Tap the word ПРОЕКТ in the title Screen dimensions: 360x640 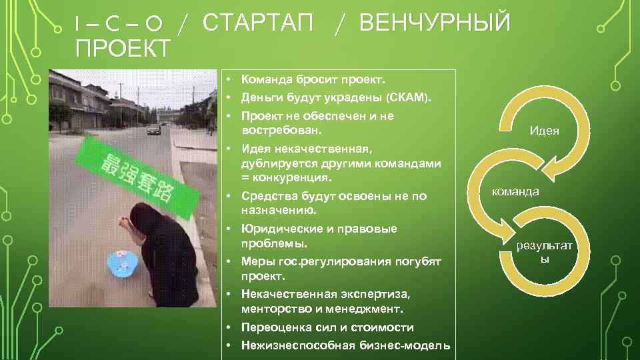point(123,48)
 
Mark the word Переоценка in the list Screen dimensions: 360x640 point(273,328)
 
